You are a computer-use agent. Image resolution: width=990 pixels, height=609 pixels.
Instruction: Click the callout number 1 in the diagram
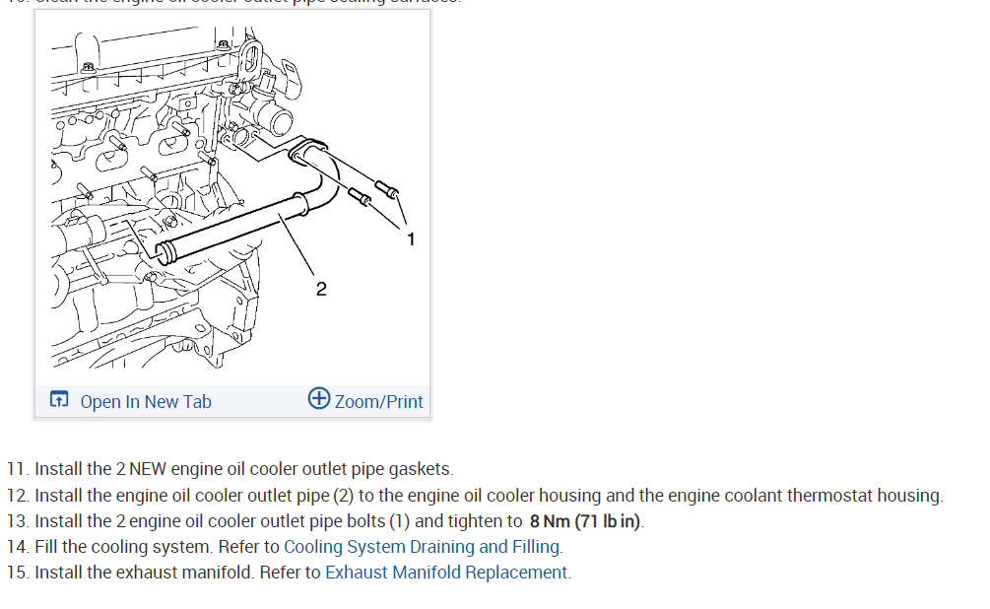[411, 238]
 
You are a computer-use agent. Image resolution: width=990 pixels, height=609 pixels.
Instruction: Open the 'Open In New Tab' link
[145, 401]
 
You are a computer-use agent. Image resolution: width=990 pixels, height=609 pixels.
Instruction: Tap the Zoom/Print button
[378, 401]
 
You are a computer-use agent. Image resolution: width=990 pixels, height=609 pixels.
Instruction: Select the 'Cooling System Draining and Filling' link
[423, 546]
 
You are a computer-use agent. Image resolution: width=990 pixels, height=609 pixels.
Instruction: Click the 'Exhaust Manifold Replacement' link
[446, 572]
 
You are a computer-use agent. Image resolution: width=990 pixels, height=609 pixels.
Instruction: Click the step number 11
[17, 469]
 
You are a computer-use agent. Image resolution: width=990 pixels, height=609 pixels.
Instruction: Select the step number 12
[17, 495]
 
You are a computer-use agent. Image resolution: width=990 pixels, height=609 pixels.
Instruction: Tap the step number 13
[17, 520]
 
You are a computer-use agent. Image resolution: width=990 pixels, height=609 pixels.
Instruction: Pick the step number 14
[17, 546]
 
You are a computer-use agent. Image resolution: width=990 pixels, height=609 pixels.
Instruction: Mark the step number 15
[17, 572]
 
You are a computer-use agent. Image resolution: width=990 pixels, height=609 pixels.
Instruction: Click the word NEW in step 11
[150, 469]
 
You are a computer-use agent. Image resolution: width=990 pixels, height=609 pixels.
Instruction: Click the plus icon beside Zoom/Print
[319, 399]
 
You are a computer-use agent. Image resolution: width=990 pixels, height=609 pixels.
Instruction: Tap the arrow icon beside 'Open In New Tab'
[59, 400]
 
